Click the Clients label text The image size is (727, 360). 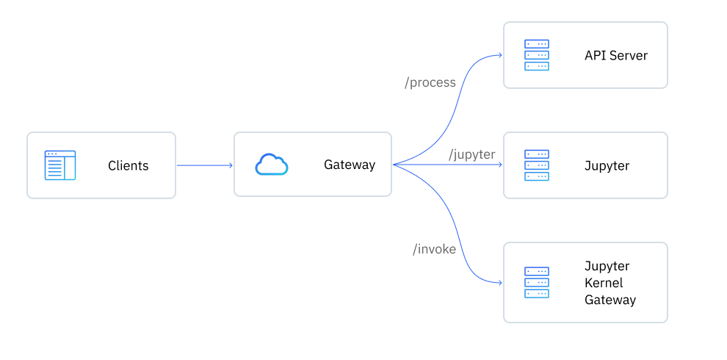point(128,165)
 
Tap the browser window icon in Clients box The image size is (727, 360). point(59,165)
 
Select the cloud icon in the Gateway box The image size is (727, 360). point(272,165)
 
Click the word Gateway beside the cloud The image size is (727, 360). point(350,165)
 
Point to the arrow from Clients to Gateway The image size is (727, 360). point(204,165)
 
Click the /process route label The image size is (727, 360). point(430,82)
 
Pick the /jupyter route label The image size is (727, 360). point(472,154)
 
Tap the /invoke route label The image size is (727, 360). point(434,249)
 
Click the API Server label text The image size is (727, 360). point(615,55)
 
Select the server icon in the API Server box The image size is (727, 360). point(537,55)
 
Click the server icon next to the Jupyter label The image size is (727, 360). point(537,165)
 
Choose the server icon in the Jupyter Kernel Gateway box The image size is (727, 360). point(537,282)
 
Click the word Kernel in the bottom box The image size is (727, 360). point(603,283)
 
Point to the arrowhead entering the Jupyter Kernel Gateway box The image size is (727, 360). point(499,283)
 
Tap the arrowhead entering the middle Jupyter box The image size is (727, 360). point(499,165)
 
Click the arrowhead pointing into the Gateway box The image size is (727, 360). point(230,165)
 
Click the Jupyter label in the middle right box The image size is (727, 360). point(607,165)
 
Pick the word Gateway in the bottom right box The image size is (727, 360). point(610,300)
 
